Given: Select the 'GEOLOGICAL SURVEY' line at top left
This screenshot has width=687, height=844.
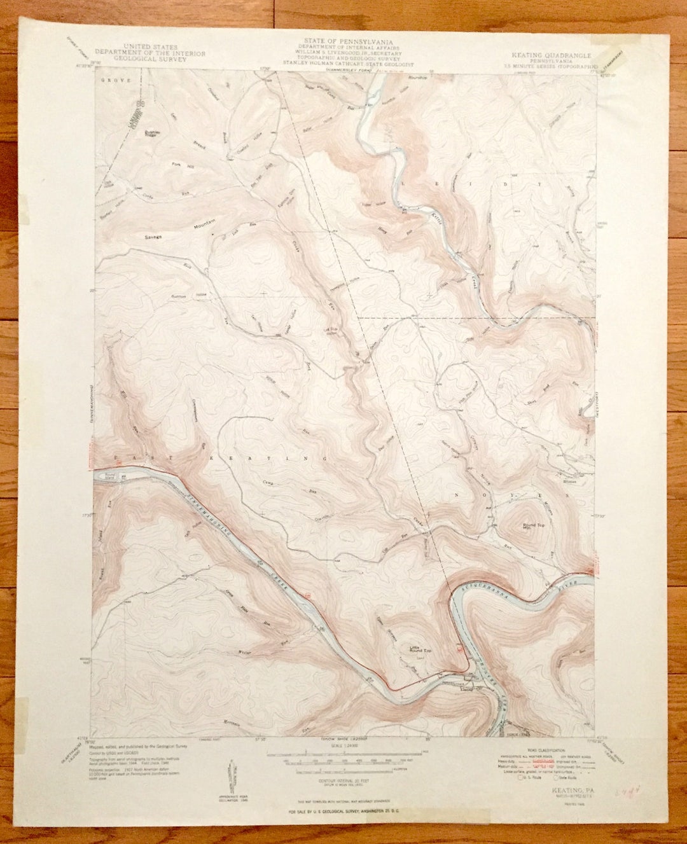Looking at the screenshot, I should click(x=150, y=59).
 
